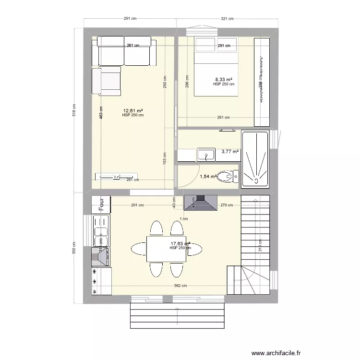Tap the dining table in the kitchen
click(x=166, y=249)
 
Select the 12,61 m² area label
click(x=132, y=111)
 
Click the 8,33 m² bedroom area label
click(x=224, y=80)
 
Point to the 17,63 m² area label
click(x=180, y=244)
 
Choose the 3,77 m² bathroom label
click(x=230, y=152)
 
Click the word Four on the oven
click(x=101, y=204)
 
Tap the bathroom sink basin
click(x=208, y=155)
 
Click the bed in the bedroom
click(x=216, y=67)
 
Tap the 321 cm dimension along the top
click(x=227, y=19)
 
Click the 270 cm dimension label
click(x=226, y=205)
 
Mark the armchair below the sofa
click(x=106, y=81)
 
